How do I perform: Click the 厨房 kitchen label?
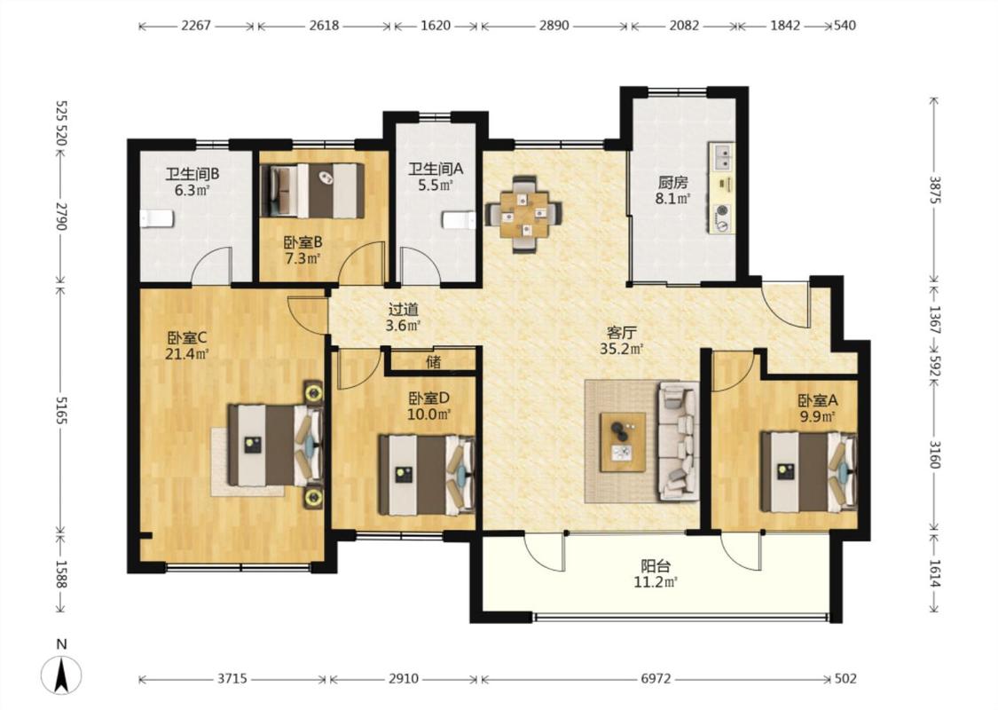672,183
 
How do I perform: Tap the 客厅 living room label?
622,333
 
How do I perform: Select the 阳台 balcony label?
656,566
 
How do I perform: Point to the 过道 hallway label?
404,310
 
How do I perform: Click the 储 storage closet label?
434,362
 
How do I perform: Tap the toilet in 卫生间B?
157,218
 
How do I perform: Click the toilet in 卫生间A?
459,220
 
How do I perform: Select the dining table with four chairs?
523,213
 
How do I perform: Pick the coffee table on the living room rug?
623,441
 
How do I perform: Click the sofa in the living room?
679,440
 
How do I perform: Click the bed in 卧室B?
313,191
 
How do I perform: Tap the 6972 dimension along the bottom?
656,679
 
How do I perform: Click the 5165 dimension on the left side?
61,409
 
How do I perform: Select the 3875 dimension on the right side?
934,189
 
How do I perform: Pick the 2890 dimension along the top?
554,26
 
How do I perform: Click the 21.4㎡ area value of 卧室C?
187,354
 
